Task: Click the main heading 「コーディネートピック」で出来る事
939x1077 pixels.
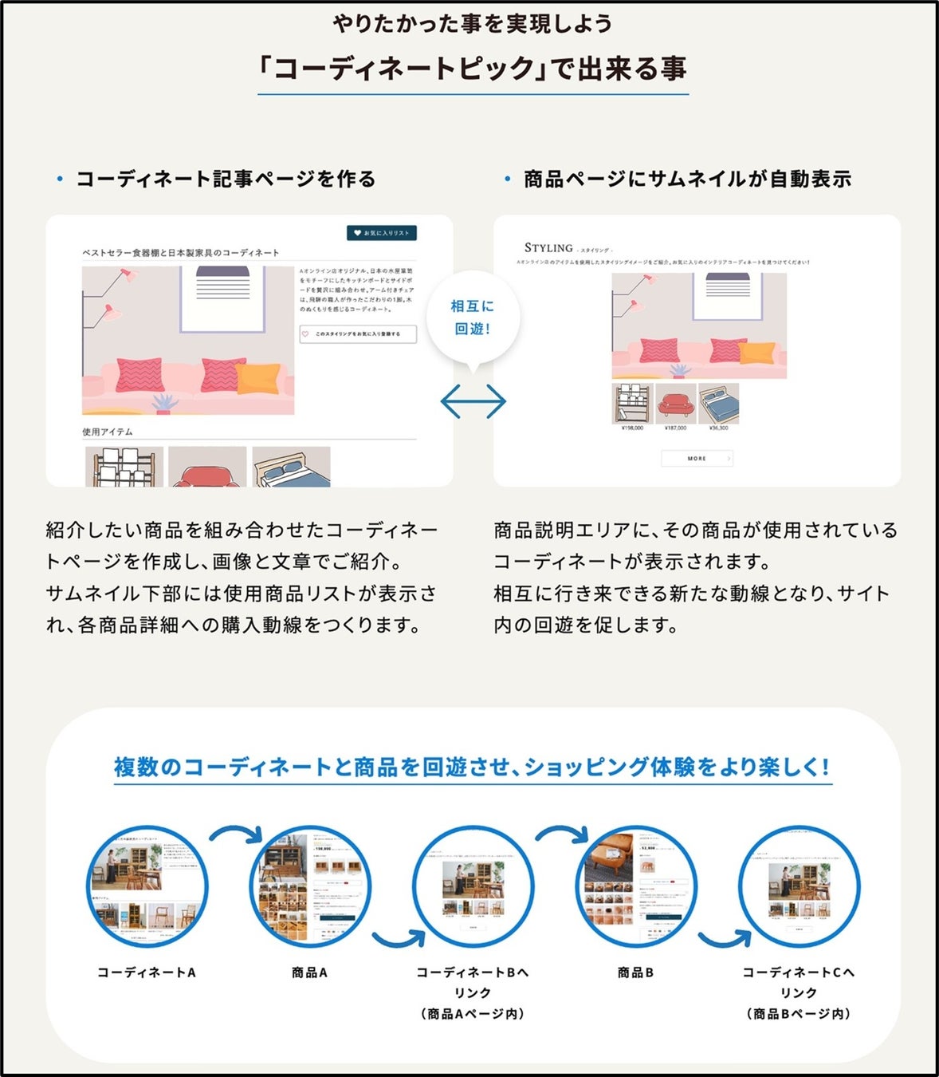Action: pos(473,69)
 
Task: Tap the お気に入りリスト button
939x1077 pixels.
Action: pos(382,233)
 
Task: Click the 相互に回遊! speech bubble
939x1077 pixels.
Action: pos(473,318)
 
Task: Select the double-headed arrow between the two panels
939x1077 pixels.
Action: pos(473,401)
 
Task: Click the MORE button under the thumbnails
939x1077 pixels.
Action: pos(697,458)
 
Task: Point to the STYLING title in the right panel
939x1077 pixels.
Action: pos(548,248)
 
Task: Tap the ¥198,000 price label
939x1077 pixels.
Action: pos(632,428)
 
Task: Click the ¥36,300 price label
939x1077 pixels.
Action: pos(718,428)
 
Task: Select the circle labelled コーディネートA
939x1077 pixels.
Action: pos(147,886)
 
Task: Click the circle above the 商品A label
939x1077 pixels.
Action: pos(310,886)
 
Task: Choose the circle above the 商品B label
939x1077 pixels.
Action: pos(635,886)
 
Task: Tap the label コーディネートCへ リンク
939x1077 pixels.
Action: pos(798,982)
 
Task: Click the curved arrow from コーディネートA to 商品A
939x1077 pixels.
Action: pos(236,833)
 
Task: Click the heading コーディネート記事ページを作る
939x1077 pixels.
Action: pos(226,179)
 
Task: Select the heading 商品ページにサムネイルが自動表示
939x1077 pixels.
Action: pos(687,179)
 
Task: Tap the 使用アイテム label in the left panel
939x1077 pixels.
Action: pos(108,432)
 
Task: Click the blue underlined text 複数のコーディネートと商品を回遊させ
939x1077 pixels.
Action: pos(319,767)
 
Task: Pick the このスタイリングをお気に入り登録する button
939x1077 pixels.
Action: pos(358,334)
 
